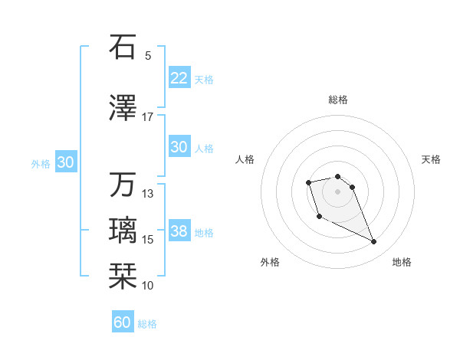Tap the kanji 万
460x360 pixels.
coord(123,185)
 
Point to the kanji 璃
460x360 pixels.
coord(123,231)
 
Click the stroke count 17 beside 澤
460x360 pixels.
coord(147,117)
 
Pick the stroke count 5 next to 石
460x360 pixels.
coord(148,55)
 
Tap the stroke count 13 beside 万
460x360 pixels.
coord(148,194)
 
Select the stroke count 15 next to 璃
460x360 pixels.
coord(148,240)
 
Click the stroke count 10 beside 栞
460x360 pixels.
coord(148,286)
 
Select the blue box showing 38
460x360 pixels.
coord(179,231)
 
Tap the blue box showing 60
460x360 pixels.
coord(123,322)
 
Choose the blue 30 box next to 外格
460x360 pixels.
coord(65,162)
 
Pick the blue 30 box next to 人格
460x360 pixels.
coord(179,147)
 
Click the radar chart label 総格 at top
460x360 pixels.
coord(338,100)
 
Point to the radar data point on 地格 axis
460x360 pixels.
coord(374,242)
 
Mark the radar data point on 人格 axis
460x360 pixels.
coord(308,182)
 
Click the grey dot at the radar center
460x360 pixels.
coord(338,191)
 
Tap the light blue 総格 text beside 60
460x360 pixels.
coord(147,324)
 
